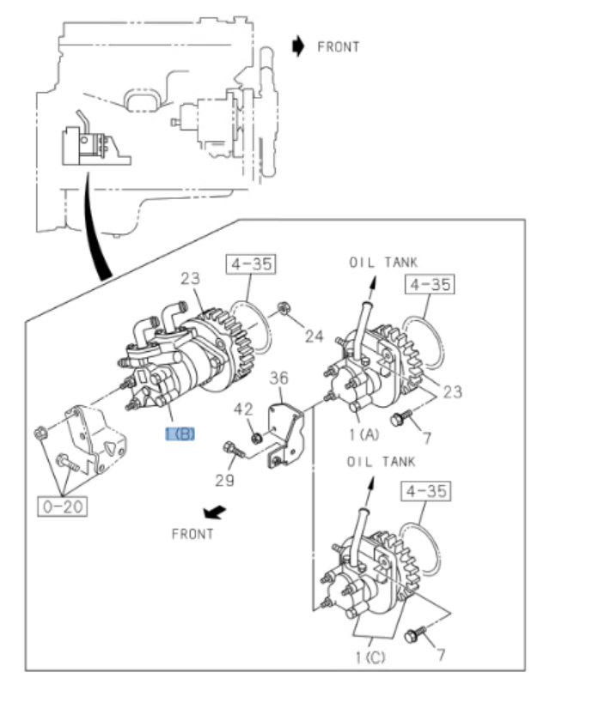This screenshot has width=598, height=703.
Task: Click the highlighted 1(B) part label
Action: click(x=180, y=433)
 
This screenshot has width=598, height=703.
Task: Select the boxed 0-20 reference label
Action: click(x=62, y=506)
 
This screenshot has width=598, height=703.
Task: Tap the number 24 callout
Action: click(x=314, y=336)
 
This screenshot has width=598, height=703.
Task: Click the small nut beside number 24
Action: click(x=283, y=309)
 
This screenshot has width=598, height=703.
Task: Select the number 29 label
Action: click(x=225, y=480)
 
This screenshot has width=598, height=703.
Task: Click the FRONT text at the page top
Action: click(x=339, y=46)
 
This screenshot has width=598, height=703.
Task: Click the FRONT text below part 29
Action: click(x=192, y=533)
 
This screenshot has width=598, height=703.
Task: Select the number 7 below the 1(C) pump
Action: click(x=442, y=656)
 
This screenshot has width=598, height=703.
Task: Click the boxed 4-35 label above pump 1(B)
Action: click(x=251, y=264)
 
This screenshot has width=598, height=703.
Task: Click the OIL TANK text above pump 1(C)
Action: click(x=381, y=462)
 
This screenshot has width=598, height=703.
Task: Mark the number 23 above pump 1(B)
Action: click(x=191, y=278)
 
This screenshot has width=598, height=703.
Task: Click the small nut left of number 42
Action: click(x=256, y=439)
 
